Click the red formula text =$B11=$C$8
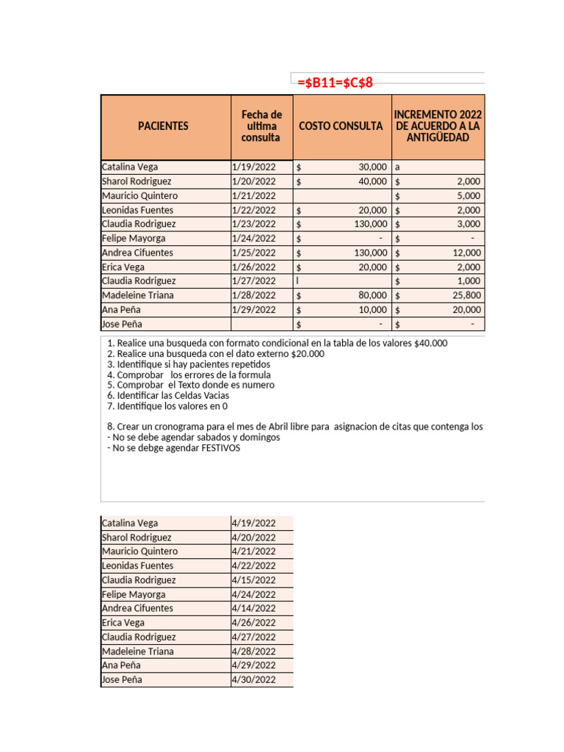click(x=336, y=82)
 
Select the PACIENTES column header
click(x=163, y=126)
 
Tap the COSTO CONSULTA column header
click(x=341, y=126)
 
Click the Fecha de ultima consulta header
click(x=261, y=126)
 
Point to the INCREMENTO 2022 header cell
click(x=438, y=126)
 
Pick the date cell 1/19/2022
click(x=254, y=167)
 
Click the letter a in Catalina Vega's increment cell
click(x=397, y=167)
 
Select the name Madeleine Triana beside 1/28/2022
click(x=138, y=295)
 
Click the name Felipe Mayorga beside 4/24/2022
click(x=134, y=595)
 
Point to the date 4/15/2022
click(x=254, y=580)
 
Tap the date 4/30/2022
click(x=254, y=680)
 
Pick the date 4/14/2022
click(x=254, y=609)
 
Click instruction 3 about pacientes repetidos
click(x=189, y=364)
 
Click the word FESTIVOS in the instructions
click(x=217, y=448)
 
